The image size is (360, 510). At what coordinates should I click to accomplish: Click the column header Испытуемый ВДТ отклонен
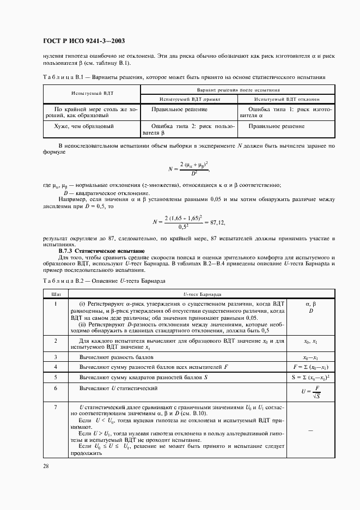click(x=286, y=100)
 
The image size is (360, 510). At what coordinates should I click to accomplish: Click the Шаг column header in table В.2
click(x=56, y=293)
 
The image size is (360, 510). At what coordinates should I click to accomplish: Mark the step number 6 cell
click(x=56, y=388)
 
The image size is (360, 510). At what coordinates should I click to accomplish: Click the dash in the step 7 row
click(x=309, y=430)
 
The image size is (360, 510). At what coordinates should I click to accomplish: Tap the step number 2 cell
click(x=56, y=341)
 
